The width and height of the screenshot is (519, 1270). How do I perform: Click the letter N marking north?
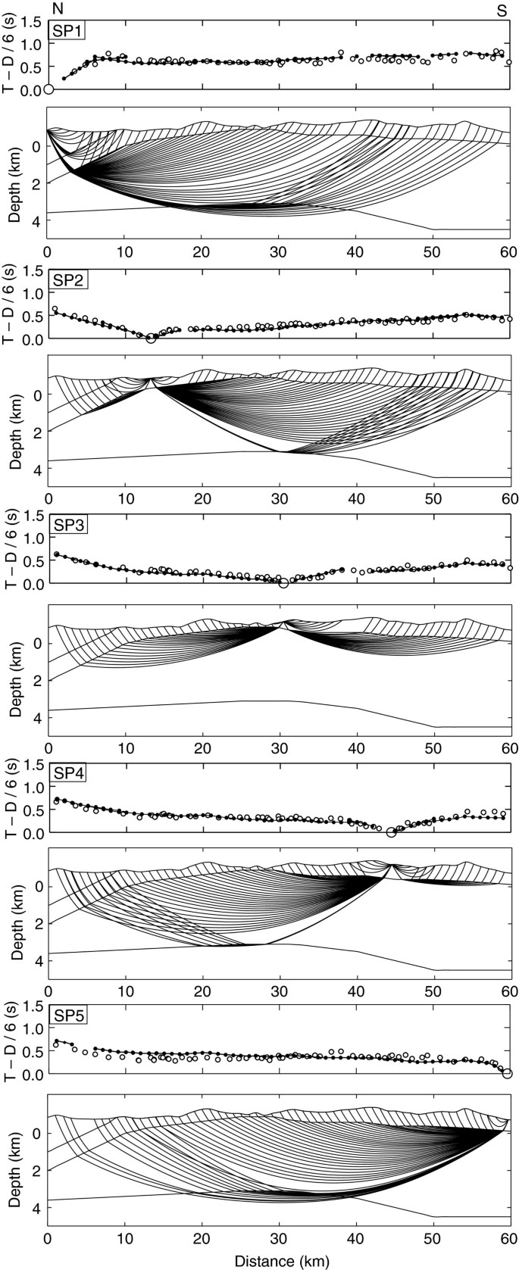click(x=58, y=8)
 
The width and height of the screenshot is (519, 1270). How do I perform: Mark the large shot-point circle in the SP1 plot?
click(x=48, y=89)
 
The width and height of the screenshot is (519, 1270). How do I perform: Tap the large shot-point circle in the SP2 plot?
click(x=151, y=339)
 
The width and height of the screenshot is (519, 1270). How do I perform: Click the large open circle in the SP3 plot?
click(x=283, y=583)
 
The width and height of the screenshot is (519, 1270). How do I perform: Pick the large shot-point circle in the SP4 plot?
click(x=391, y=832)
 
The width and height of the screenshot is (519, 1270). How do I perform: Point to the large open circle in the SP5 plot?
click(x=507, y=1073)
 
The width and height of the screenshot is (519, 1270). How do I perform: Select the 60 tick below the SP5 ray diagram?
click(x=508, y=1239)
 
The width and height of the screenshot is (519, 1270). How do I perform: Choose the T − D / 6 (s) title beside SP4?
click(x=11, y=803)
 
